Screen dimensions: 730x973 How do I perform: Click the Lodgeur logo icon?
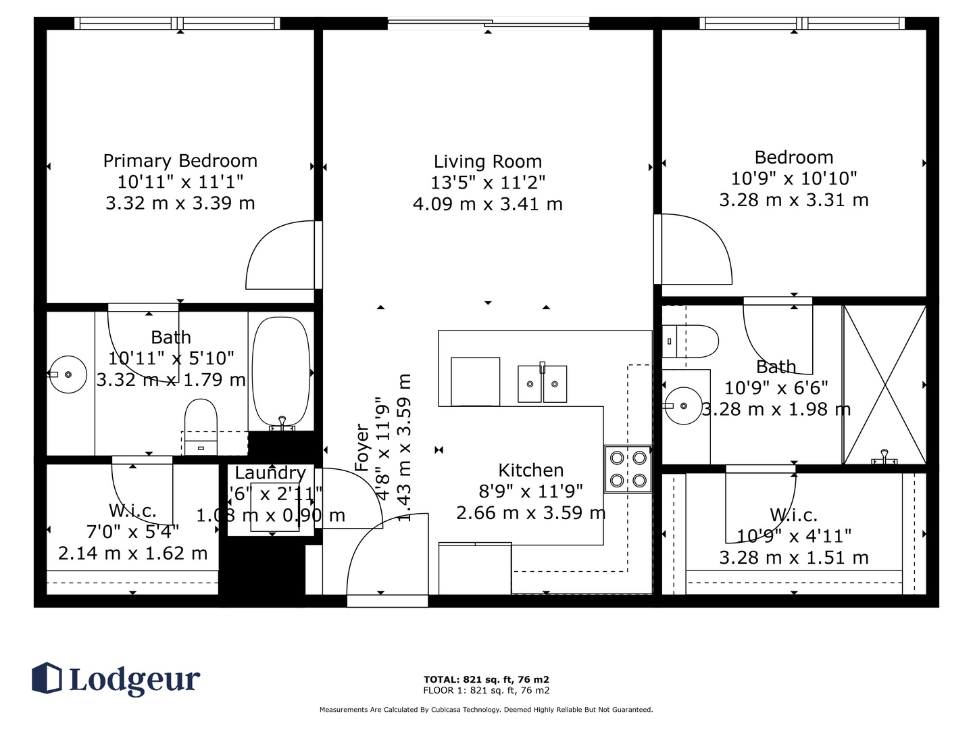point(47,677)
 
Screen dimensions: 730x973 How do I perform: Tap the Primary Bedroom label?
point(180,161)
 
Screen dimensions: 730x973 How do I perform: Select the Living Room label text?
point(487,162)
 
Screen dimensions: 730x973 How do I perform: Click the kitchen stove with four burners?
point(628,469)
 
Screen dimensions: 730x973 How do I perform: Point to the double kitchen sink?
point(542,384)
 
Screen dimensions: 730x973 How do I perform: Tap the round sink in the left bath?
point(68,374)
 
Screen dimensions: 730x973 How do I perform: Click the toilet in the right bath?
point(691,341)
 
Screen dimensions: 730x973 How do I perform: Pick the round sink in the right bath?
point(683,406)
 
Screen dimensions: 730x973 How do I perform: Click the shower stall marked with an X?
point(884,385)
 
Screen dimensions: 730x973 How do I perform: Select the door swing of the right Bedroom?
point(696,250)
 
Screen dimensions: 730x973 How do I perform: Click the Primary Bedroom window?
point(178,24)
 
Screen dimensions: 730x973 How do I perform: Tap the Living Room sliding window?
point(488,24)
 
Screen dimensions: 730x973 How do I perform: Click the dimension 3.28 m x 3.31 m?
point(793,200)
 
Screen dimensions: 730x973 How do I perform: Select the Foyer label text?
point(363,447)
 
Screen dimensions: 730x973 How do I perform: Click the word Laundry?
point(270,473)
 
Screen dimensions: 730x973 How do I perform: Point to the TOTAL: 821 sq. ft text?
point(486,679)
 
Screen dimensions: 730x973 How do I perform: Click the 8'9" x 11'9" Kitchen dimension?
point(530,491)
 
